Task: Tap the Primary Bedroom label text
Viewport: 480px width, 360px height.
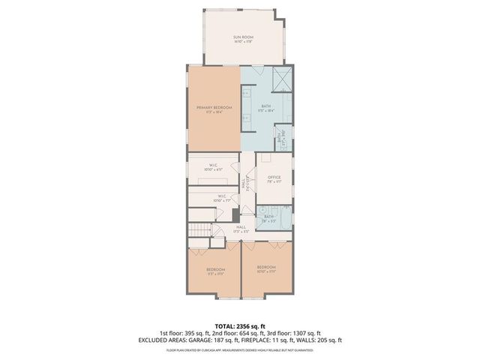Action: (214, 108)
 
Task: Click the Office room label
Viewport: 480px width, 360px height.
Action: (274, 177)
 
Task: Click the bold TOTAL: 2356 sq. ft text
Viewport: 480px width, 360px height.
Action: (239, 325)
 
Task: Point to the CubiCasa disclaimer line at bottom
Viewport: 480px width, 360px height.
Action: (239, 349)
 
